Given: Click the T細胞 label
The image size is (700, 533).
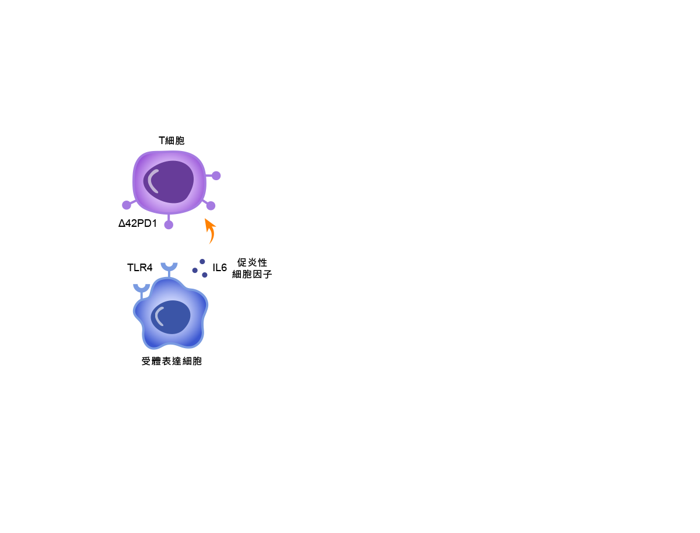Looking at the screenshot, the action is click(x=171, y=141).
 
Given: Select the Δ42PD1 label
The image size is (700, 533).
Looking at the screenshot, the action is click(x=138, y=223).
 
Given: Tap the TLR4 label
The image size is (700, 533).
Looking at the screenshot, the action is click(x=139, y=268).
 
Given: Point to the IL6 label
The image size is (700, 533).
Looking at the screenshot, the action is click(x=219, y=268).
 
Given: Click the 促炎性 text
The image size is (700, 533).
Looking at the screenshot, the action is click(x=252, y=262).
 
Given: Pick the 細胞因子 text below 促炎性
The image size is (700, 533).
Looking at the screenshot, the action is click(x=252, y=274).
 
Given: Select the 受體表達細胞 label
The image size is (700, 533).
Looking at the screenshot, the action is click(x=171, y=361).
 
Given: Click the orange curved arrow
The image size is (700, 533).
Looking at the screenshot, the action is click(x=211, y=230).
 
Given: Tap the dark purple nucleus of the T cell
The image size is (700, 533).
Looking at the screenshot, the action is click(x=169, y=182).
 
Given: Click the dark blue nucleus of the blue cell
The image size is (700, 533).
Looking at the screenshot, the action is click(x=170, y=317).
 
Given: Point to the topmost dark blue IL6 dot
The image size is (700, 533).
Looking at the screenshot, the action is click(x=202, y=261).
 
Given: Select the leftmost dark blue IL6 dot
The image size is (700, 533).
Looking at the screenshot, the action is click(x=195, y=271).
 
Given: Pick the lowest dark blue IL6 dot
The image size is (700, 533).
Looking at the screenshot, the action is click(x=205, y=275).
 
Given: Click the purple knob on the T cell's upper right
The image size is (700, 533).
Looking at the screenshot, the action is click(x=216, y=176).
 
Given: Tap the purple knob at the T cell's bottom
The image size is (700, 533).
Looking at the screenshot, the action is click(x=169, y=225).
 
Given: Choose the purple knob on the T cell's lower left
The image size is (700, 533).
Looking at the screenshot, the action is click(x=127, y=205).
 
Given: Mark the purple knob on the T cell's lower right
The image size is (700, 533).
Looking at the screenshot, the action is click(x=211, y=206).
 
